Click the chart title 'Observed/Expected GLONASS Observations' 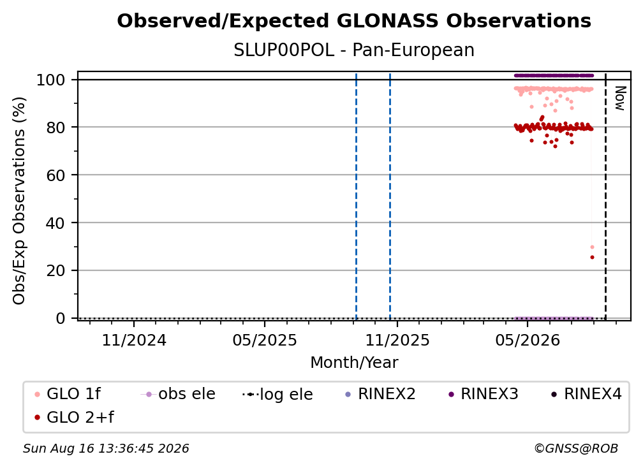click(354, 21)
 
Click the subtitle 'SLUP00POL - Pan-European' click(354, 50)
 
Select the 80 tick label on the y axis click(55, 128)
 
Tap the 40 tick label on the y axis click(55, 223)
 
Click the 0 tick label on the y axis click(61, 318)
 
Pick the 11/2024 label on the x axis click(134, 340)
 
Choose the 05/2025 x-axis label click(265, 340)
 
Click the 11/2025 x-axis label click(397, 340)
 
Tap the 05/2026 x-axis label click(528, 340)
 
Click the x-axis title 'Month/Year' click(354, 363)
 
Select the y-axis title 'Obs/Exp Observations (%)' click(19, 200)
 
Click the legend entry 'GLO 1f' click(68, 394)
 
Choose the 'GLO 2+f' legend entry click(74, 418)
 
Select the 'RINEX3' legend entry click(484, 394)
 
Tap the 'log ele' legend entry click(277, 394)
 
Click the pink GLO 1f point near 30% click(592, 247)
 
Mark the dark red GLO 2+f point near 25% click(592, 258)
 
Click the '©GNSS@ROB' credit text click(576, 449)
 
